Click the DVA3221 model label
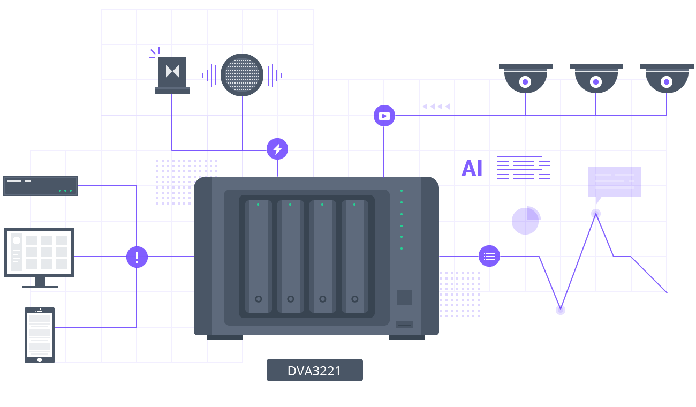click(314, 370)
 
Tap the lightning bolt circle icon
click(277, 149)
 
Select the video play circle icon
click(384, 116)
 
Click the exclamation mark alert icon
click(137, 257)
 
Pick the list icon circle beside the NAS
click(489, 256)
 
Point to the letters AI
click(472, 168)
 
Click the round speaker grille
click(242, 75)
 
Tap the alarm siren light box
click(172, 75)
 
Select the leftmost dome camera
click(525, 79)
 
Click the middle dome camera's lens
click(596, 82)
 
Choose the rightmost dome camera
click(667, 79)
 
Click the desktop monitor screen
click(39, 252)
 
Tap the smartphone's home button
click(40, 360)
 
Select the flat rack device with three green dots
click(41, 186)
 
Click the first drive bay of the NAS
click(259, 257)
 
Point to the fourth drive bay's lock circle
click(355, 299)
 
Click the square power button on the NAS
click(405, 298)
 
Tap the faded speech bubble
click(614, 183)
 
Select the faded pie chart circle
click(526, 221)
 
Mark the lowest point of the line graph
click(560, 310)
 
